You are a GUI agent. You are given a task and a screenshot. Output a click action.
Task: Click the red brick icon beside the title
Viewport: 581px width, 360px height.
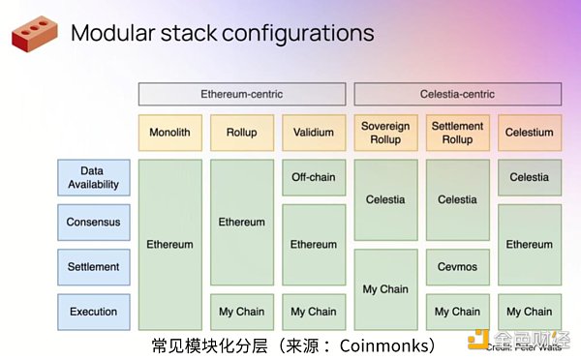tap(34, 34)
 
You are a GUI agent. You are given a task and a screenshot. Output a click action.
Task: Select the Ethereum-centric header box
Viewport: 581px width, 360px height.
tap(241, 94)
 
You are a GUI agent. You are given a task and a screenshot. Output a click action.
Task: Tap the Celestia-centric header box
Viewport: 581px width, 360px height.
tap(457, 94)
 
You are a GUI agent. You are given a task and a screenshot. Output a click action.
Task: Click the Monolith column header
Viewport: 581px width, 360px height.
tap(169, 133)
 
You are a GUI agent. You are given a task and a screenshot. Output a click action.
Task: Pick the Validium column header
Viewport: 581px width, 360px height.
tap(314, 133)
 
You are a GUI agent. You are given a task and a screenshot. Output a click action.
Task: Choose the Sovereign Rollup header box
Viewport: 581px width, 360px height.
tap(385, 133)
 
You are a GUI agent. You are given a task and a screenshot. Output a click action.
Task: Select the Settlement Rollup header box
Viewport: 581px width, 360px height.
tap(457, 133)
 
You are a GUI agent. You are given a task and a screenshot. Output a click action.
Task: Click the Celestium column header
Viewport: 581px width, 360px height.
tap(530, 133)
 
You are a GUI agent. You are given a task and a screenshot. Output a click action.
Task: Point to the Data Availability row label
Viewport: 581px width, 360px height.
tap(93, 177)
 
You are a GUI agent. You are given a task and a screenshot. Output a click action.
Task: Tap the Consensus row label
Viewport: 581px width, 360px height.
tap(93, 222)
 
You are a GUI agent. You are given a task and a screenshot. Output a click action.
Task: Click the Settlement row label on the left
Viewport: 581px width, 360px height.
tap(93, 266)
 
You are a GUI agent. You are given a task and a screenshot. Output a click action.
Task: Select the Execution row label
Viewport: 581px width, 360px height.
tap(93, 312)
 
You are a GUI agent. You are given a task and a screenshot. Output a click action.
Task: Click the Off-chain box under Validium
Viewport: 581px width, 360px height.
tap(314, 177)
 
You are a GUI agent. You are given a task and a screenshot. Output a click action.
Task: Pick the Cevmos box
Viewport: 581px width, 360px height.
tap(457, 266)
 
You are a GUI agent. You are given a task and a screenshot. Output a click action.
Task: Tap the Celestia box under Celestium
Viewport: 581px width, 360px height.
tap(530, 177)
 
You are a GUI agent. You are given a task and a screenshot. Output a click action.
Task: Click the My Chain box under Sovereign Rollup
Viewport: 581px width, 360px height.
tap(385, 288)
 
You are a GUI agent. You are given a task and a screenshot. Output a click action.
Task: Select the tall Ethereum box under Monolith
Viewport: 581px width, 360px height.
tap(169, 244)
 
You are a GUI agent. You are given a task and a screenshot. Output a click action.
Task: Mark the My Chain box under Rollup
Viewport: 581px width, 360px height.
tap(241, 312)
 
